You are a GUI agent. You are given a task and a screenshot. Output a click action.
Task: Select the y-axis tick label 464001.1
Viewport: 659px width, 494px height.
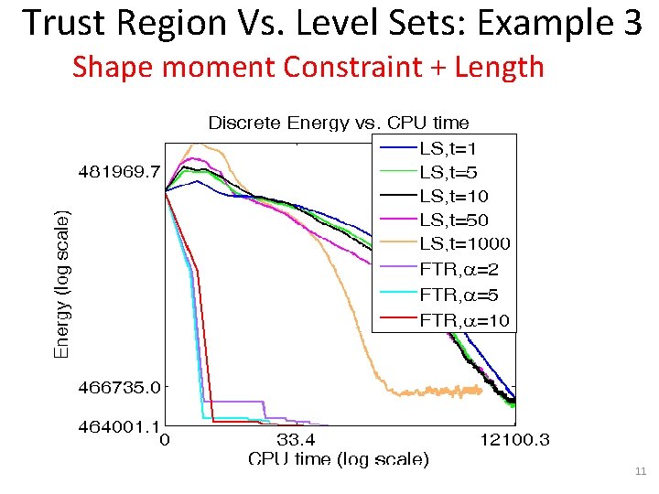(115, 424)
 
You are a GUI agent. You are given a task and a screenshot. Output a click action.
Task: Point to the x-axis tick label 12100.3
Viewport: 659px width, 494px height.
(515, 441)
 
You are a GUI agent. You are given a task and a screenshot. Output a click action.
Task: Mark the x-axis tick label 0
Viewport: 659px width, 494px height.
(165, 441)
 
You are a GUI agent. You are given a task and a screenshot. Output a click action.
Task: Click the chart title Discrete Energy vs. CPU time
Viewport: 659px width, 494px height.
(339, 123)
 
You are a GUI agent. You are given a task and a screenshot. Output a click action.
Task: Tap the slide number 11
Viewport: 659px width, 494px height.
(640, 471)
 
